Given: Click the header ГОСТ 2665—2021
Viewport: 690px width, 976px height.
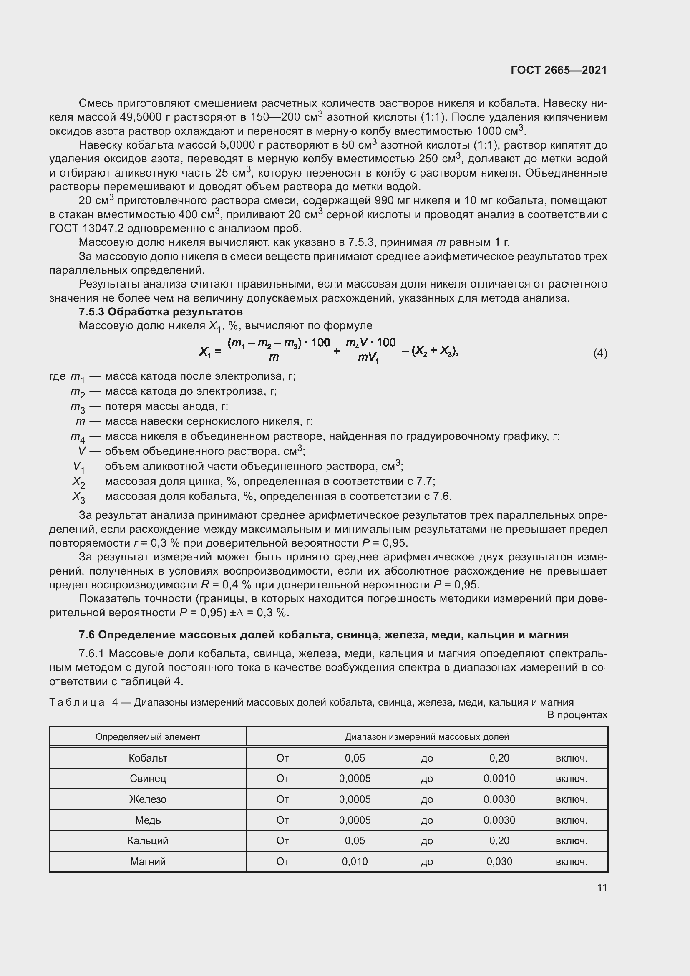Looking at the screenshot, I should click(559, 70).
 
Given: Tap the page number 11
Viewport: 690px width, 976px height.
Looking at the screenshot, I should click(602, 888).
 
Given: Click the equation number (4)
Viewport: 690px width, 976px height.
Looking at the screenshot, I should click(600, 353).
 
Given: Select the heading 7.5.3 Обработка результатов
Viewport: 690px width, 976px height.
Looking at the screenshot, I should click(161, 312).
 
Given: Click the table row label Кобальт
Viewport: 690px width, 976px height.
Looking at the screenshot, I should click(148, 758).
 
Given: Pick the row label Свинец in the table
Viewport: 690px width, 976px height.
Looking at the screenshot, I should click(148, 778).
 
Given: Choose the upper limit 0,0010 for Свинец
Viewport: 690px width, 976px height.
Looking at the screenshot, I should click(499, 778).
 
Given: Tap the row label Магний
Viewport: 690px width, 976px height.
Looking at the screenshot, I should click(148, 861).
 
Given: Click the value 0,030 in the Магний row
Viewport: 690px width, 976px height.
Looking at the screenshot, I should click(499, 861).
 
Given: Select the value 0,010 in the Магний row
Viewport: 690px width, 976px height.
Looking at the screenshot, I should click(355, 861).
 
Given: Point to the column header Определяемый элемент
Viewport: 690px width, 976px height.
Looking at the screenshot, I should click(148, 736).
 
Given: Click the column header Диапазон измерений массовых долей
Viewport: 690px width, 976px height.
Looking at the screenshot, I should click(427, 736).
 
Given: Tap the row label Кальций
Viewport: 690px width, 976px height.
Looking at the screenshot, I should click(148, 840).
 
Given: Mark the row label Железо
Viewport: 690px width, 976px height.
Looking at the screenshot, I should click(148, 799).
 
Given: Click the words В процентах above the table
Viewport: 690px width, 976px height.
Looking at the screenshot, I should click(577, 715).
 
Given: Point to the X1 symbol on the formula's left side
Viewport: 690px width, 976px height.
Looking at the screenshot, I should click(205, 351).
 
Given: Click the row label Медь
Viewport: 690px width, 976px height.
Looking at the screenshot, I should click(148, 820).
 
